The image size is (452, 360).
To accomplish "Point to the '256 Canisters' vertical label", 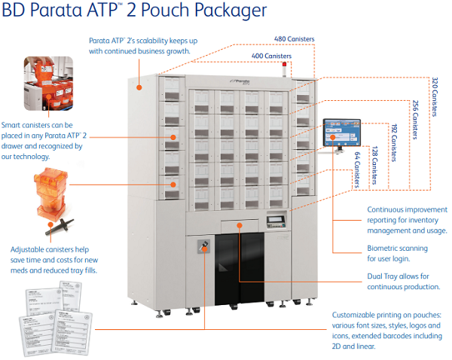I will click(x=415, y=119).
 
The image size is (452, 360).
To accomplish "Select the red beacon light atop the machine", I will click(x=284, y=71).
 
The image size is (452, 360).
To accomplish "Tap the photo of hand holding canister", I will click(x=48, y=82).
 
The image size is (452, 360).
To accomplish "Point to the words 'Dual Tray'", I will click(x=385, y=276).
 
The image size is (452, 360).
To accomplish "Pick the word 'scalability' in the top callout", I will click(x=150, y=39).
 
